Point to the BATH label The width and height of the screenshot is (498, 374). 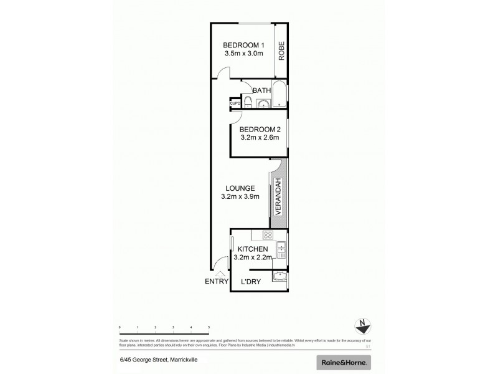coord(261,90)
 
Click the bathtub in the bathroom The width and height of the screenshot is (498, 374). coord(280,95)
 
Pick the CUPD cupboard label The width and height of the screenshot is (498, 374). coord(235,103)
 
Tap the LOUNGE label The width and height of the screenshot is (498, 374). coord(240,188)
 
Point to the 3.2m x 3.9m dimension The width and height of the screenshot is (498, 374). coord(240,197)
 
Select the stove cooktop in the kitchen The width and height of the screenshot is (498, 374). coord(268,235)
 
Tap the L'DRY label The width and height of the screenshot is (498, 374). coord(250,282)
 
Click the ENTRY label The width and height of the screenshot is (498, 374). coord(216,282)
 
